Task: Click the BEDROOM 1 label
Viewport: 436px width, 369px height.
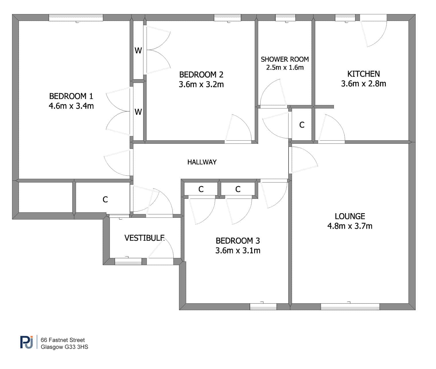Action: point(71,96)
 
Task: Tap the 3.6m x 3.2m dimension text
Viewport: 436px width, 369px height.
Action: point(201,84)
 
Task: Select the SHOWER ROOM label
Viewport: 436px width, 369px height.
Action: point(285,59)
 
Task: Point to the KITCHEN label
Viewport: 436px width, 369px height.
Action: point(363,74)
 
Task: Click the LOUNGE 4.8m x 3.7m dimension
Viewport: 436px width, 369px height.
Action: point(350,226)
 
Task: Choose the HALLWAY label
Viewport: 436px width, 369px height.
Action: point(202,162)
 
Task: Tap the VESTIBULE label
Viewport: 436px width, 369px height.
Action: point(144,238)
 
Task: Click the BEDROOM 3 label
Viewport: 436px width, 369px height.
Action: point(238,241)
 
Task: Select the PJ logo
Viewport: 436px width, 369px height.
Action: point(27,342)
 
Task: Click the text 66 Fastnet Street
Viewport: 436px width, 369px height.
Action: point(63,340)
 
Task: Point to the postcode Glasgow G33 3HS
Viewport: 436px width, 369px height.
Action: point(64,347)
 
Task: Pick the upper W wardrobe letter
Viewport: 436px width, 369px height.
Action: point(138,51)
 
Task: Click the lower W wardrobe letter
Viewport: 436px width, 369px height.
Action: point(138,112)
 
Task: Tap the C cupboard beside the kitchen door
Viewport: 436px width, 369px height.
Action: point(302,125)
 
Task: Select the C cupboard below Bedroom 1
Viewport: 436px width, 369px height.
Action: point(105,199)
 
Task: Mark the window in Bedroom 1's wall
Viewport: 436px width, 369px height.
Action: point(76,18)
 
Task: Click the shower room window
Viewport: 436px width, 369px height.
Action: point(286,18)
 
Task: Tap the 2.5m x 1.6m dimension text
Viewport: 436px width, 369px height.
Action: point(285,67)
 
